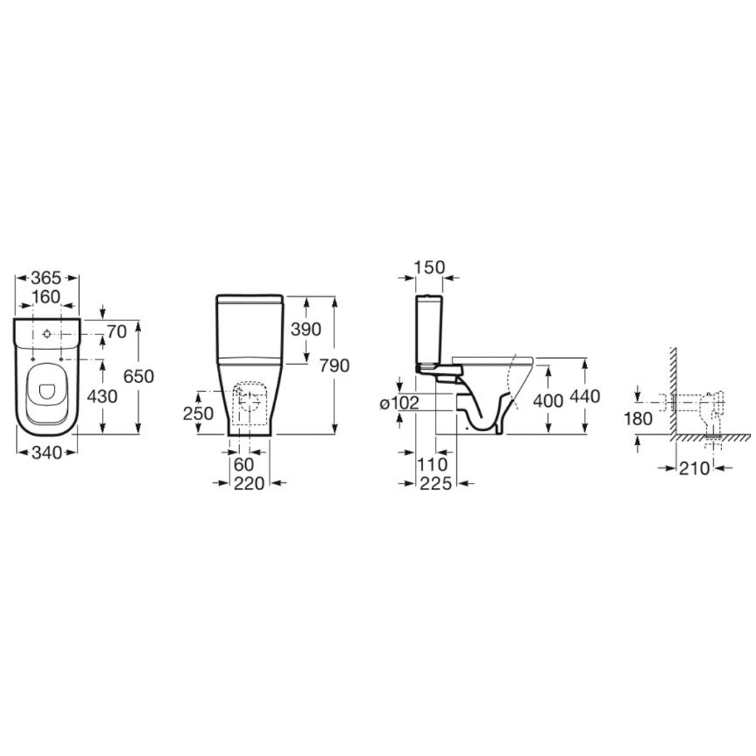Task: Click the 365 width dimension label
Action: click(47, 278)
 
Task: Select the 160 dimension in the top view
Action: click(47, 297)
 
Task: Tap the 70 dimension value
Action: click(117, 331)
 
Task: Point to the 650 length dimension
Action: click(138, 376)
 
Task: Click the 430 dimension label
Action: click(102, 396)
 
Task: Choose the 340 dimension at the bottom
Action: click(47, 453)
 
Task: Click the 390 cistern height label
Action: click(306, 329)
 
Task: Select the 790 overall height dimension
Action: click(334, 366)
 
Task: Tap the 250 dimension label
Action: click(198, 413)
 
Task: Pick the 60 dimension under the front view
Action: click(244, 465)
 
